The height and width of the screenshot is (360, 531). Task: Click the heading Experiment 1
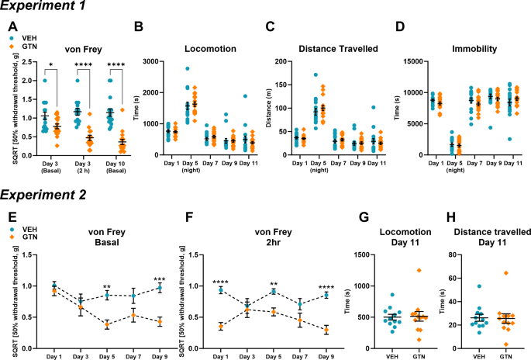[x=40, y=8]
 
